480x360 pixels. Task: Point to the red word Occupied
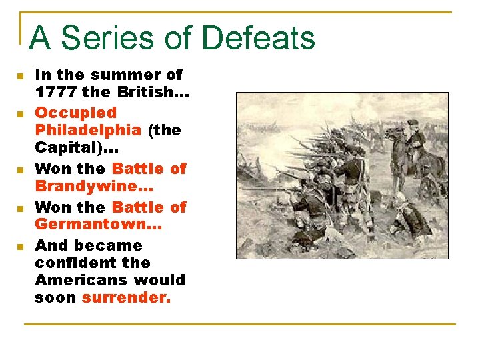75,113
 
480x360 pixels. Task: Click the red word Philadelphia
87,130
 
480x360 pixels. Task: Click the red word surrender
126,298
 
